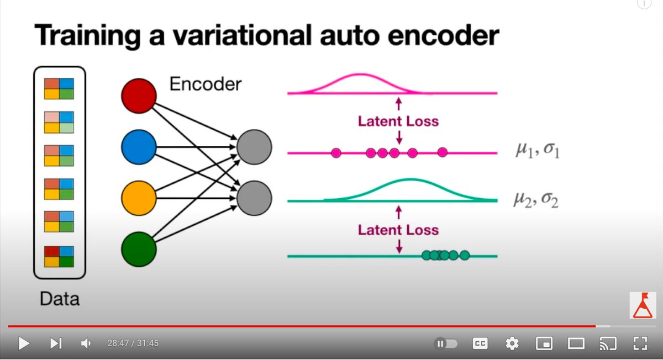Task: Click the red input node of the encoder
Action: [x=139, y=96]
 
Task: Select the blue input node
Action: [x=139, y=147]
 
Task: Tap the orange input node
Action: [x=139, y=198]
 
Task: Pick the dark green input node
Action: [x=139, y=250]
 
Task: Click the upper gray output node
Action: [x=254, y=147]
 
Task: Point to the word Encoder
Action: [x=205, y=84]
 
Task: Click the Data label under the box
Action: [x=59, y=299]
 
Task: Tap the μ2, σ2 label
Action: [x=535, y=199]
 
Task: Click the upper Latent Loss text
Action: [x=398, y=121]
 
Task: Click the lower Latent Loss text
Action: [x=398, y=230]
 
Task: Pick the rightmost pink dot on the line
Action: [x=442, y=152]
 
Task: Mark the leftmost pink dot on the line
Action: [x=336, y=152]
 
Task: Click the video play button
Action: [x=24, y=343]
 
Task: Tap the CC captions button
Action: [x=480, y=343]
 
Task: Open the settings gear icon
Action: [x=512, y=343]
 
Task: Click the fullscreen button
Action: [x=639, y=343]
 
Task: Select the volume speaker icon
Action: [x=86, y=343]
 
